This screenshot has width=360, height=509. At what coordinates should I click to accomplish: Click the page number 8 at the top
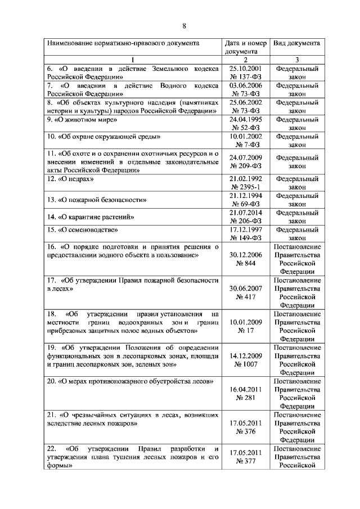[183, 25]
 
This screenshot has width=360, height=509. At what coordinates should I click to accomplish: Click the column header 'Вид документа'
[297, 43]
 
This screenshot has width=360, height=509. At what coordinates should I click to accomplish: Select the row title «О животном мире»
[82, 120]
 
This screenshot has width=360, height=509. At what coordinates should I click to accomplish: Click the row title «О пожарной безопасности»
[97, 199]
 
